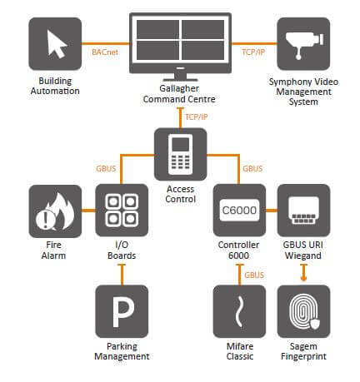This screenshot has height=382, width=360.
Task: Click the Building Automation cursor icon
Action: [55, 43]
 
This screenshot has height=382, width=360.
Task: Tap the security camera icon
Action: [303, 43]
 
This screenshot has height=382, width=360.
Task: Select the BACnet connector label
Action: [105, 52]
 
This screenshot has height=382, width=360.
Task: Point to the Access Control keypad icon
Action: [180, 154]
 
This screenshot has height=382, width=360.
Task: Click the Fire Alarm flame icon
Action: [55, 211]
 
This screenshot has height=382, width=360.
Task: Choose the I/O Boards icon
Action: [122, 211]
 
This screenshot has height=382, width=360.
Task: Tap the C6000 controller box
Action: [239, 211]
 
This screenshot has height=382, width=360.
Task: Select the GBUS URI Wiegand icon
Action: [303, 211]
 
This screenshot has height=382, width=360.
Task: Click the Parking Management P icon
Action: [122, 311]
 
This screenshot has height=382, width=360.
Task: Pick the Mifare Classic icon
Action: [239, 311]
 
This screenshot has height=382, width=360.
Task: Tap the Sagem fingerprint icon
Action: [303, 311]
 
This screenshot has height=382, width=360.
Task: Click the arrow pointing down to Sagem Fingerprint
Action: [303, 273]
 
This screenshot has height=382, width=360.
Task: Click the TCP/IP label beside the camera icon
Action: [253, 52]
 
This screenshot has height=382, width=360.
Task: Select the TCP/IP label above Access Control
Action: [197, 117]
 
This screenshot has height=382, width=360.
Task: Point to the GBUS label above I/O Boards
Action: [106, 168]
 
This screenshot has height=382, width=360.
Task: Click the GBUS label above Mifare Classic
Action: [254, 275]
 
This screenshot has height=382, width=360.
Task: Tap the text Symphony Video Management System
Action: [303, 92]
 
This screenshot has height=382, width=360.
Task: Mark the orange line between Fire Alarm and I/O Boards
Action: [88, 211]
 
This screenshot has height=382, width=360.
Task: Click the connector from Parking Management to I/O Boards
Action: [122, 275]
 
